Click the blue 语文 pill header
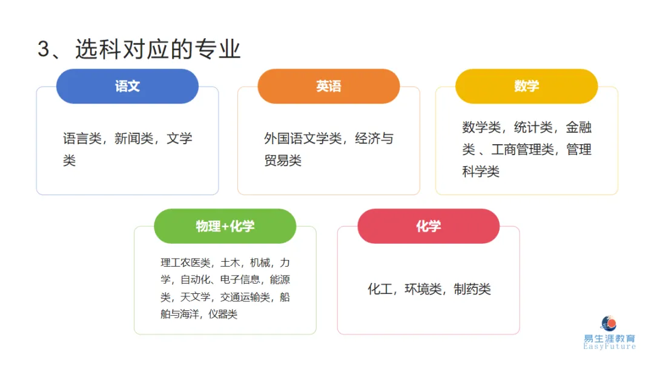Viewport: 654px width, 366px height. tap(127, 86)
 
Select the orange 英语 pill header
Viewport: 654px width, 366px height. tap(328, 86)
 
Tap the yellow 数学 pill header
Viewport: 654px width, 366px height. tap(526, 86)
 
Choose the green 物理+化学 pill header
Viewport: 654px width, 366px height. tap(225, 226)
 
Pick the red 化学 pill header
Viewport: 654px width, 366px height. tap(428, 226)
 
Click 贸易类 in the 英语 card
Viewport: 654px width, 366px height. tap(283, 161)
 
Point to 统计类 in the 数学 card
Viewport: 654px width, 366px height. tap(533, 127)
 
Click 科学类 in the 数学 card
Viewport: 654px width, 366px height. tap(481, 172)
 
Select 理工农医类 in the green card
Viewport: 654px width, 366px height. tap(185, 263)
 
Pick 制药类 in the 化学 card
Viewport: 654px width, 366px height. tap(472, 289)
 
